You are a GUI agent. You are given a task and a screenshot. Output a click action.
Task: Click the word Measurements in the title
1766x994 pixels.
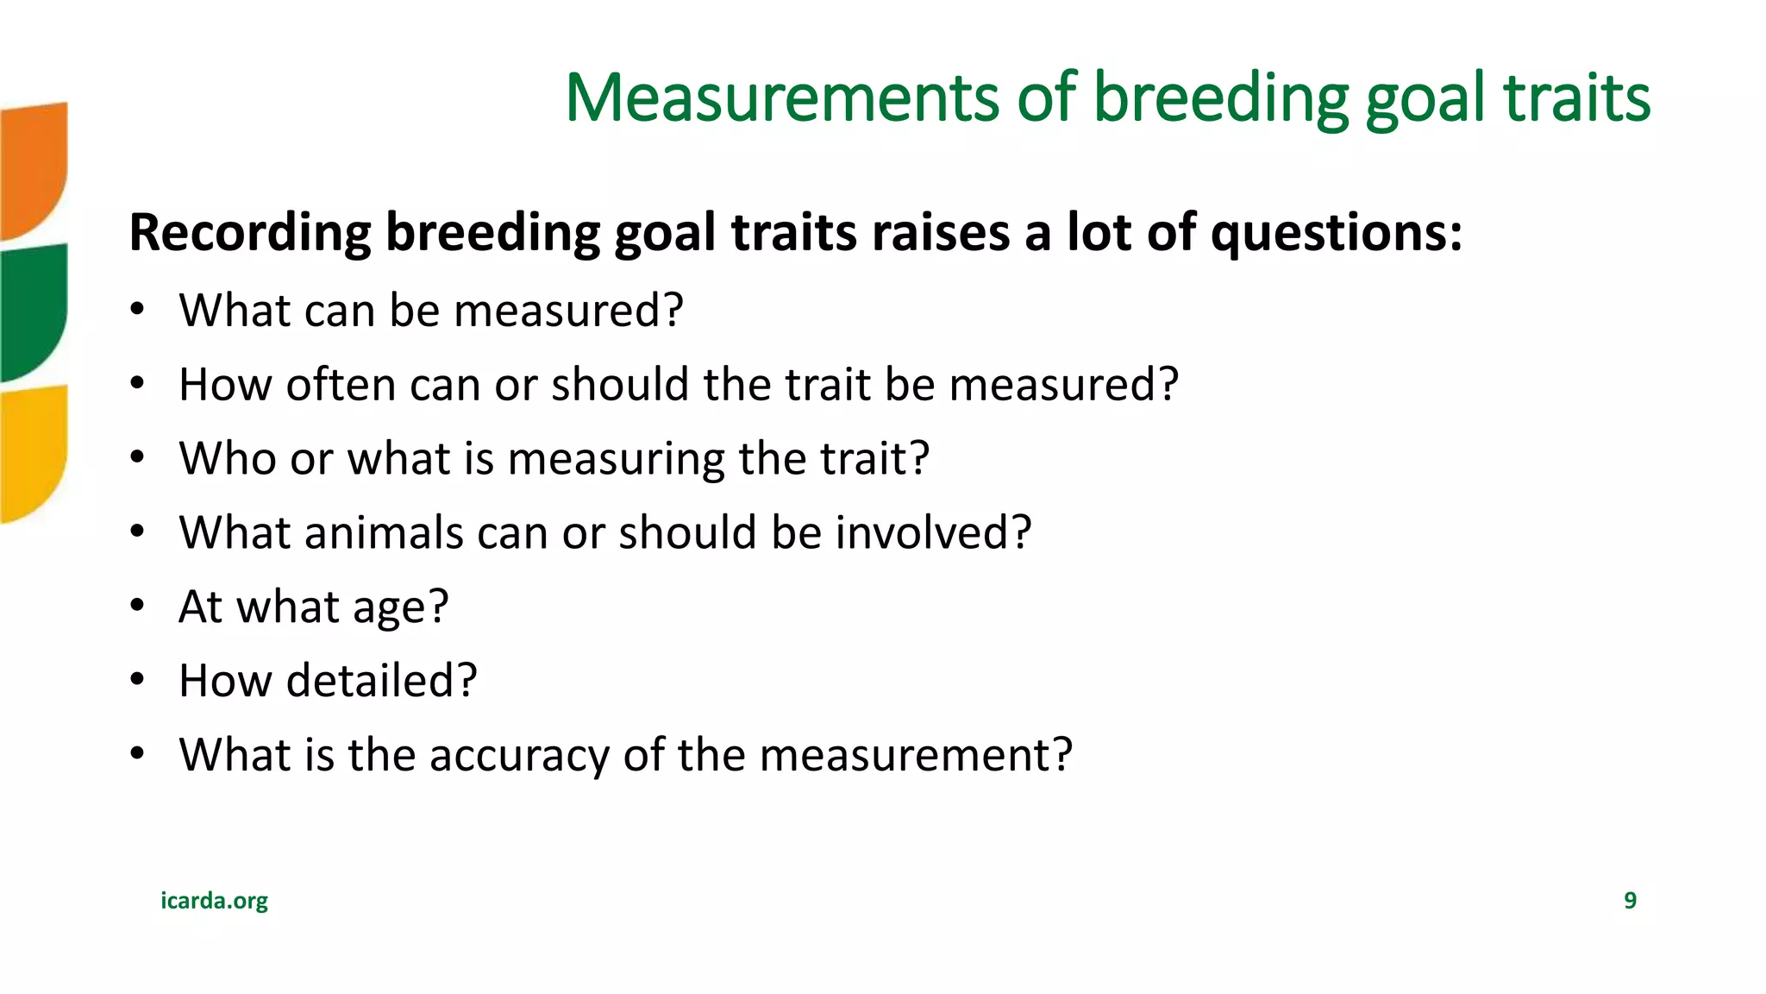(x=781, y=98)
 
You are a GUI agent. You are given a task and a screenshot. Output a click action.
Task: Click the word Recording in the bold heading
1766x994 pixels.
(x=249, y=233)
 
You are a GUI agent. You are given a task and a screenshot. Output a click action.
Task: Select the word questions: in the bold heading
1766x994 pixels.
(x=1336, y=233)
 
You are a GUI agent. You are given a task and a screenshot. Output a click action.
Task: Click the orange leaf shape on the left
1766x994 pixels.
(x=33, y=168)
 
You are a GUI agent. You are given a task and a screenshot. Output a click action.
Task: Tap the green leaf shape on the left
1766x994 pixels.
(x=33, y=311)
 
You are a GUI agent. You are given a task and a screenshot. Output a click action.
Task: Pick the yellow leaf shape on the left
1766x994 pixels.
(x=33, y=453)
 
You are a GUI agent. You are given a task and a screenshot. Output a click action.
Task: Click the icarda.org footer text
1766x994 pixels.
(x=214, y=901)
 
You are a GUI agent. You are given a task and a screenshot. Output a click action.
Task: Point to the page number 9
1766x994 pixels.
(x=1630, y=901)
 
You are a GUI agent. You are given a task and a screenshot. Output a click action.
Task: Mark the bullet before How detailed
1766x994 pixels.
(x=137, y=681)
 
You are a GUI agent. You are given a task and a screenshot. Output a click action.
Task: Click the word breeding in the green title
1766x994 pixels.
(x=1220, y=98)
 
